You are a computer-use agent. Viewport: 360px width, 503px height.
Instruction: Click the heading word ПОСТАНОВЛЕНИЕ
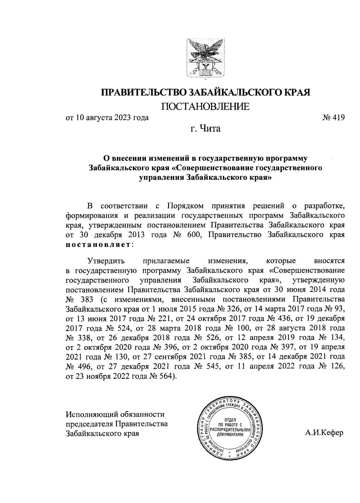point(205,106)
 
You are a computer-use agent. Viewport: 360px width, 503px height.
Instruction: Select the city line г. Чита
point(205,129)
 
